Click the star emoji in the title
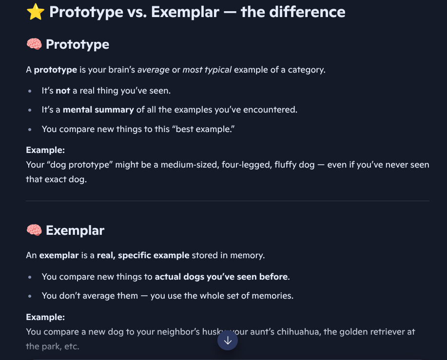[x=35, y=12]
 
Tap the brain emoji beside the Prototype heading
[x=34, y=45]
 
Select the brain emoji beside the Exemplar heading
[x=34, y=230]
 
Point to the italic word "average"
[x=153, y=70]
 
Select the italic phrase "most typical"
[x=207, y=70]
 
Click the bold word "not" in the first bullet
[x=63, y=90]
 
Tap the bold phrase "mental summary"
[x=98, y=110]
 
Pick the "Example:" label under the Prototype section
[x=45, y=150]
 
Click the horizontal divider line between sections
[x=228, y=201]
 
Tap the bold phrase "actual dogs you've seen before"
[x=221, y=277]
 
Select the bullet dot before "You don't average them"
[x=30, y=296]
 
